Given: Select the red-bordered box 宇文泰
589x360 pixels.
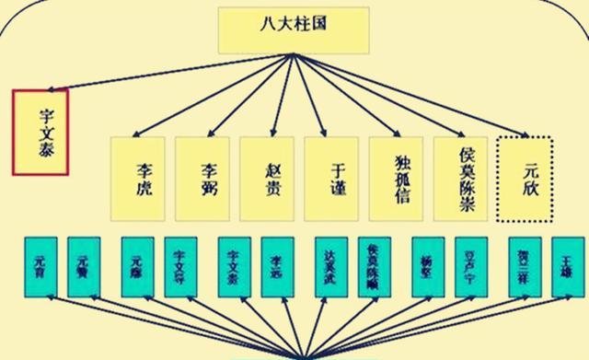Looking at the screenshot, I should (x=40, y=132).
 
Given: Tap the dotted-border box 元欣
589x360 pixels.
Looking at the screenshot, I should (x=525, y=177).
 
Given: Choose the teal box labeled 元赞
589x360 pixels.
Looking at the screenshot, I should (x=84, y=267).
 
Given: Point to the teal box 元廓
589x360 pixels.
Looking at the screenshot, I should (x=137, y=267).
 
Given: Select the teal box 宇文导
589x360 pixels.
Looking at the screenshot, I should (x=181, y=267).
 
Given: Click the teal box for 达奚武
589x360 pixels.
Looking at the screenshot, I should (x=331, y=267).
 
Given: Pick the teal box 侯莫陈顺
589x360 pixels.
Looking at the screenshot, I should (x=375, y=267).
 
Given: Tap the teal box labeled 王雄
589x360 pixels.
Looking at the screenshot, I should (x=567, y=267).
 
